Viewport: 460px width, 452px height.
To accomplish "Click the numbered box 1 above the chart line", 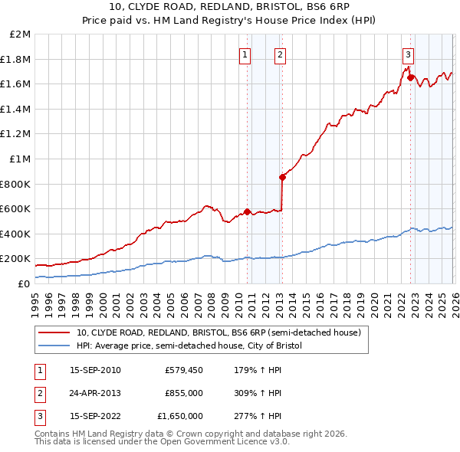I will click(245, 54).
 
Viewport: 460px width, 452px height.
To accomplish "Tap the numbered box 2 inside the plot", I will click(281, 54).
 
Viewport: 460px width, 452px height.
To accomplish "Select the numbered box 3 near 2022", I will click(408, 54).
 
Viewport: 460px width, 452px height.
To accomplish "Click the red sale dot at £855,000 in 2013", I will click(282, 177).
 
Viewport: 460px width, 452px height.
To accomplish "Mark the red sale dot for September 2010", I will click(247, 211).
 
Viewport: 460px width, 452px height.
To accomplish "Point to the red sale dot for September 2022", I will click(410, 77).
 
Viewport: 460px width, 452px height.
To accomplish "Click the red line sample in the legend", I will click(55, 332).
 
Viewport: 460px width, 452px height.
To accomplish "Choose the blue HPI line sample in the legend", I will click(55, 346).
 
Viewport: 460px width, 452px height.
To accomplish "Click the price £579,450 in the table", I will click(184, 370).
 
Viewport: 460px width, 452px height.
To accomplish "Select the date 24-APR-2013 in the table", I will click(95, 393).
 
